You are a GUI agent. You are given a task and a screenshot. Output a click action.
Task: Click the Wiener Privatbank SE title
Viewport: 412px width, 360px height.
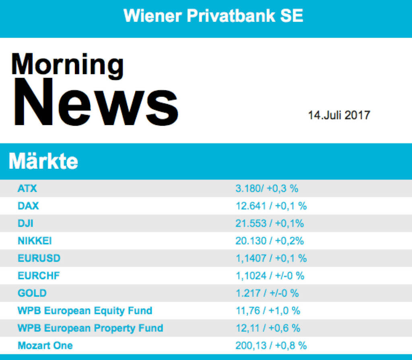point(213,16)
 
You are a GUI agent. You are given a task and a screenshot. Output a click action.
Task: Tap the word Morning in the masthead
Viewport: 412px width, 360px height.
point(67,64)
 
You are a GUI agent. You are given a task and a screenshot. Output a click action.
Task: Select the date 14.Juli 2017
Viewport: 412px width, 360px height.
point(339,115)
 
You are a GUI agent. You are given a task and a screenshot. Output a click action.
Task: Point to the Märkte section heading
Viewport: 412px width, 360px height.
point(43,161)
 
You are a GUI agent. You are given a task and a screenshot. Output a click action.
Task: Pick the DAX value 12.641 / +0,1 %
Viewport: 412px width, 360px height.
point(271,206)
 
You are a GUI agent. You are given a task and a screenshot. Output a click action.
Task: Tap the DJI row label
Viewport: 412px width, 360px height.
point(25,223)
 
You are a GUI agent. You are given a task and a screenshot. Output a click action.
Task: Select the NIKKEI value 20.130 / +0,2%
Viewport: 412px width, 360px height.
point(270,241)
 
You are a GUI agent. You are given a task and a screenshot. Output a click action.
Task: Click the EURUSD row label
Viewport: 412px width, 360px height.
point(39,259)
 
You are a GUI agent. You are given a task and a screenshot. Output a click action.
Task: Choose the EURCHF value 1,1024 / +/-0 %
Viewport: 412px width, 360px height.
point(270,276)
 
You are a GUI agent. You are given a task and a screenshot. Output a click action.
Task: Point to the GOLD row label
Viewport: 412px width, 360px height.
point(32,293)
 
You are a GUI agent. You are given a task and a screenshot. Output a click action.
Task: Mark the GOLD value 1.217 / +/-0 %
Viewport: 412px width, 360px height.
point(267,293)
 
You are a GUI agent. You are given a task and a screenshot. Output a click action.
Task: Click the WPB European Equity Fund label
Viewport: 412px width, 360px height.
point(85,311)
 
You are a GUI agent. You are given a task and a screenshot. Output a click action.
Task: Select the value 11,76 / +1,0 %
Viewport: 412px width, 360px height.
point(268,311)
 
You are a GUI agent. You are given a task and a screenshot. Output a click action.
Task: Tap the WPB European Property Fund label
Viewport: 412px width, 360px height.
point(91,328)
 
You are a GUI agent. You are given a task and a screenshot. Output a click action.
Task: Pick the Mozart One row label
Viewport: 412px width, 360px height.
point(45,346)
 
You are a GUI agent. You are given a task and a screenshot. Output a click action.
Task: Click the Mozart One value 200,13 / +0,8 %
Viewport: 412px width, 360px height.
point(271,346)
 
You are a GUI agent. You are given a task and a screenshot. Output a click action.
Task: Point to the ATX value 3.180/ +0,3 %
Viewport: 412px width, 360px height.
point(267,188)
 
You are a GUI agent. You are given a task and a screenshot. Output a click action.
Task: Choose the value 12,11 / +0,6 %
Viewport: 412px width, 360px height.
point(268,328)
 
